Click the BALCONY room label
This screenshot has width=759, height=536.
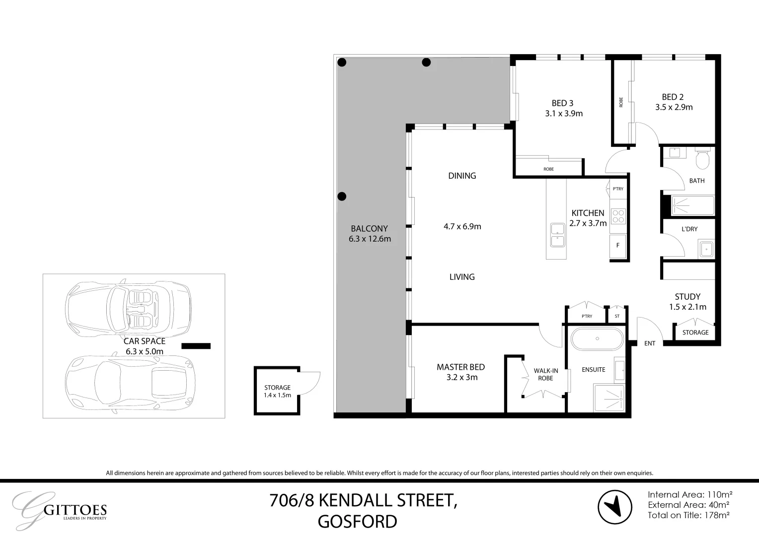point(369,229)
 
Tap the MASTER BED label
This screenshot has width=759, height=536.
point(460,367)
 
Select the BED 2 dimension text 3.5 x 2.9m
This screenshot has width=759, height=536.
point(674,107)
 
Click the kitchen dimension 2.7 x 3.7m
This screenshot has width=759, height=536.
point(588,223)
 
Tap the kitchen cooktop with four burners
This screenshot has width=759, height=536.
point(618,216)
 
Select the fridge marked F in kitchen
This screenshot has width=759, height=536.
point(618,245)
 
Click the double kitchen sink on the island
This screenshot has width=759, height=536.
point(557,235)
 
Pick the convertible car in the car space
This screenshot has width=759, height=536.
point(129,309)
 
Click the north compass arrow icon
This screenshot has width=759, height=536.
point(615,507)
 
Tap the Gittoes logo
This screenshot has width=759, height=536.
point(60,510)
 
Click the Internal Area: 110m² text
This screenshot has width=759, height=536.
point(690,494)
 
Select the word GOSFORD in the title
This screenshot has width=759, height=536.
point(357,522)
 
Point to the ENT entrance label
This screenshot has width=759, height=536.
point(650,343)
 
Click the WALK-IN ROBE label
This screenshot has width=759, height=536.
point(546,374)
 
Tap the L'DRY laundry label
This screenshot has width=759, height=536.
point(689,229)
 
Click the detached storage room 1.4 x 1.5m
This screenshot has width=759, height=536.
point(277,391)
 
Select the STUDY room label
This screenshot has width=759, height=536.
point(687,297)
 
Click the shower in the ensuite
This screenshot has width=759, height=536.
point(609,399)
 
